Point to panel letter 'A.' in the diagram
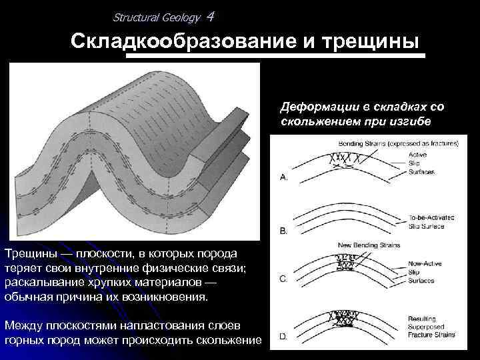tap(284, 178)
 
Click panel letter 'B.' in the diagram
tap(284, 231)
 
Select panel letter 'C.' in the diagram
tap(284, 279)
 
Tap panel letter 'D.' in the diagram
tap(284, 337)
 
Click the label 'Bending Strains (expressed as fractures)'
tap(399, 143)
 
